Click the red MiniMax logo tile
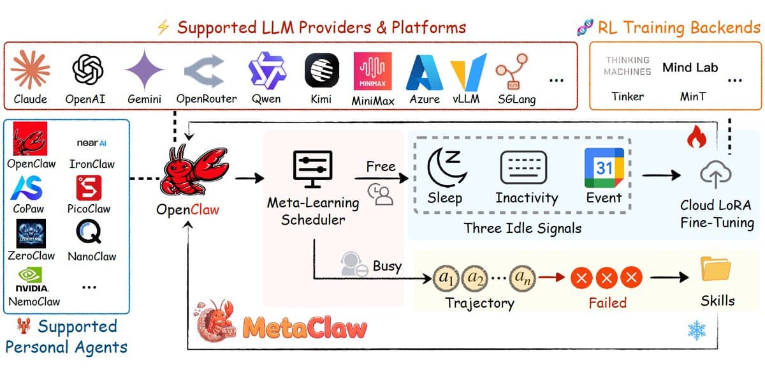coord(372,71)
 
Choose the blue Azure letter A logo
coord(425,71)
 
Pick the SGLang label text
coord(516,100)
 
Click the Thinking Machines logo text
coord(627,66)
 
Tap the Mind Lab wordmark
coord(690,67)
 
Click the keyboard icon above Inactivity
coord(523,168)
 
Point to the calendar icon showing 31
coord(603,167)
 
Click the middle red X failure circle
coord(608,278)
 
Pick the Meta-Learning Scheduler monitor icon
coord(312,168)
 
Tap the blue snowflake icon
coord(696,329)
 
